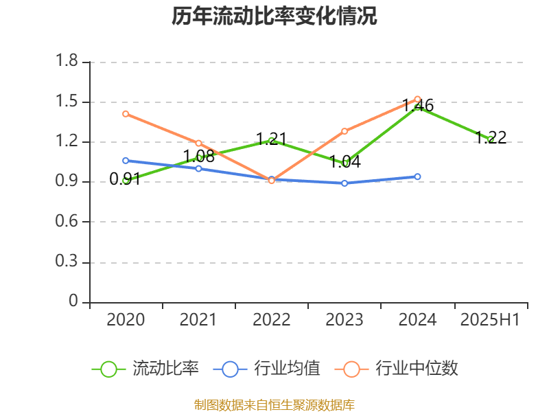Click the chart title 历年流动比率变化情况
[x=274, y=16]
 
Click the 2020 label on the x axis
[x=126, y=320]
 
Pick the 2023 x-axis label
[x=344, y=320]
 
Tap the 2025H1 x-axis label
[x=490, y=320]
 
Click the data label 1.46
[x=418, y=105]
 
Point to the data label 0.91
[x=126, y=179]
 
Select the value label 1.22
[x=491, y=137]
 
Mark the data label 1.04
[x=344, y=162]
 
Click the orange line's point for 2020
[x=126, y=114]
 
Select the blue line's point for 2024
[x=417, y=176]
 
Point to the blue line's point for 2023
[x=344, y=183]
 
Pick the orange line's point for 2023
[x=344, y=131]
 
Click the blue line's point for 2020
[x=126, y=161]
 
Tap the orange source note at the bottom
[x=274, y=404]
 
